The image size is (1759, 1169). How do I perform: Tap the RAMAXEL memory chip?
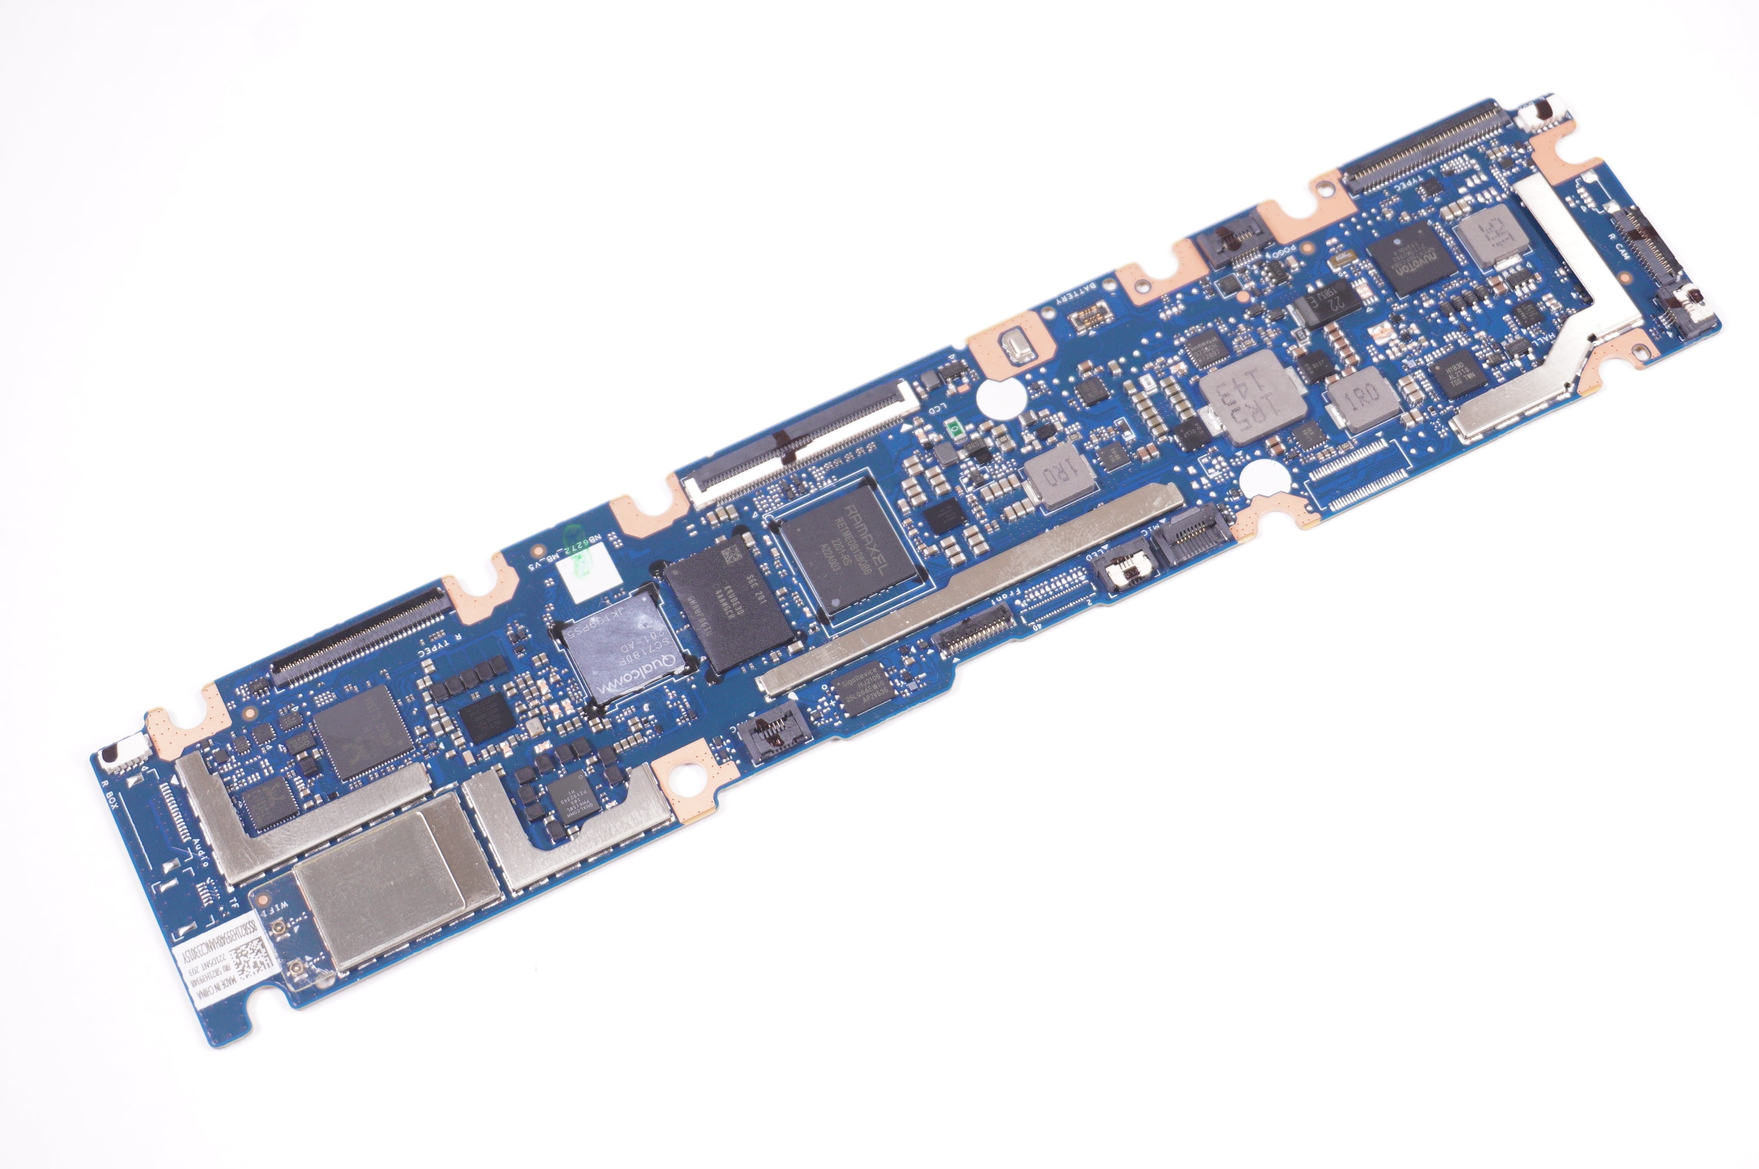point(849,548)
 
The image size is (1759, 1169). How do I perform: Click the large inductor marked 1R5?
point(1251,397)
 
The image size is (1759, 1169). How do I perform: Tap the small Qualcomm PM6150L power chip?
point(572,806)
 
